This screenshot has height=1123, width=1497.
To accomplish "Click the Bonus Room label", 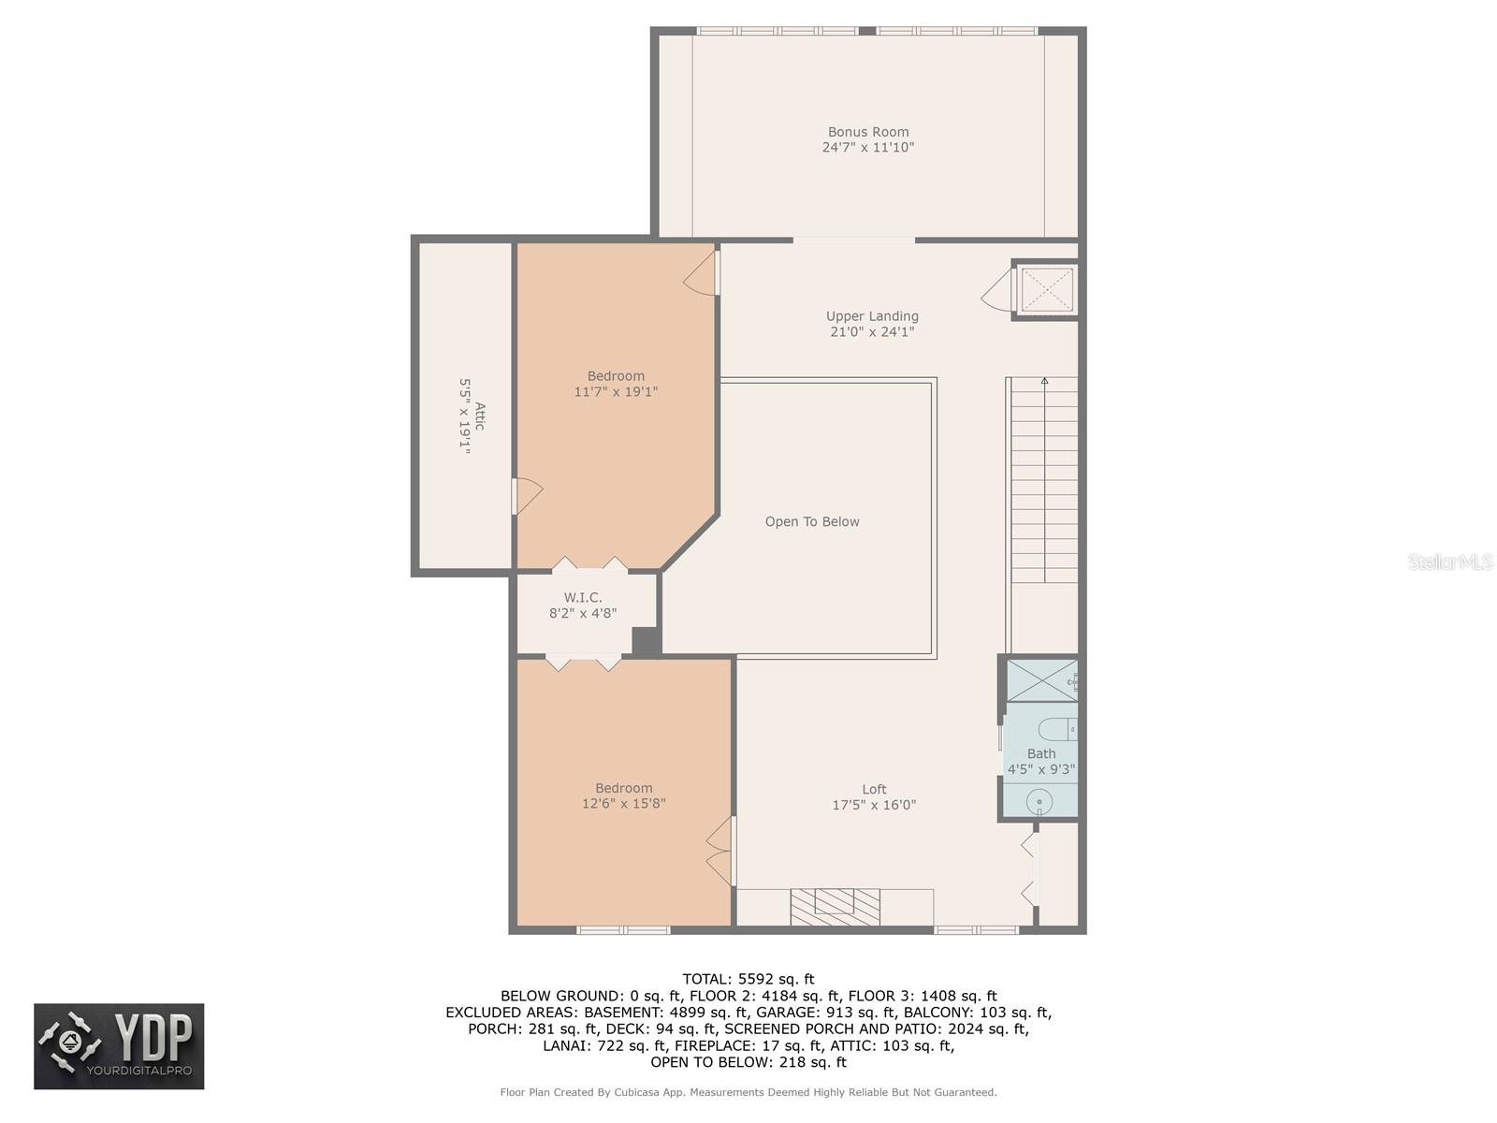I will click(x=867, y=132).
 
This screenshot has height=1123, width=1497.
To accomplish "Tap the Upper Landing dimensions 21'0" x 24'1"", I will click(x=871, y=332).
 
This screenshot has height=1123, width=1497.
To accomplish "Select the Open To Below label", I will click(x=811, y=522).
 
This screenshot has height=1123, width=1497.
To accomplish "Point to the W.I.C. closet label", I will click(x=582, y=598).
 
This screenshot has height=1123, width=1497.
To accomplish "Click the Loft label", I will click(x=874, y=789).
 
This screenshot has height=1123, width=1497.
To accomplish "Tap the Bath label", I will click(x=1040, y=753).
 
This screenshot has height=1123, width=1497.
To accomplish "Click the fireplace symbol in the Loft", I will click(x=835, y=906).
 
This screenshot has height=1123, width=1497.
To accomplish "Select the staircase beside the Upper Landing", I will click(x=1043, y=479).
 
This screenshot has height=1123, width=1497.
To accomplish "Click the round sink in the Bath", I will click(x=1039, y=802).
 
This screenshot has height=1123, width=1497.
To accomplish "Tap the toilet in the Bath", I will click(x=1060, y=729).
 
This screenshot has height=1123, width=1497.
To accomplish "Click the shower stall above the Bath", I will click(x=1040, y=680).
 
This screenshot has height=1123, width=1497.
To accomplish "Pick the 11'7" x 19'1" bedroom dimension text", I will click(x=616, y=392).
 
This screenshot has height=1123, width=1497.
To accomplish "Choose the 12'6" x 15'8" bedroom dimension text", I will click(x=623, y=804).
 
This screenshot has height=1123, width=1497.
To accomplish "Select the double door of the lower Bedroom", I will click(x=720, y=851).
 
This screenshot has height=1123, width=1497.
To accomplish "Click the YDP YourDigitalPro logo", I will click(x=119, y=1046).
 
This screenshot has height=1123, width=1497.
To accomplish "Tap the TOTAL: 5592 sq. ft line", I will click(x=748, y=980).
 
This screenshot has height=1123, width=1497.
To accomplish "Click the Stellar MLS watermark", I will click(x=1449, y=561).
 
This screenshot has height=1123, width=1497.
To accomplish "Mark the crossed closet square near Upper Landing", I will click(x=1046, y=290).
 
